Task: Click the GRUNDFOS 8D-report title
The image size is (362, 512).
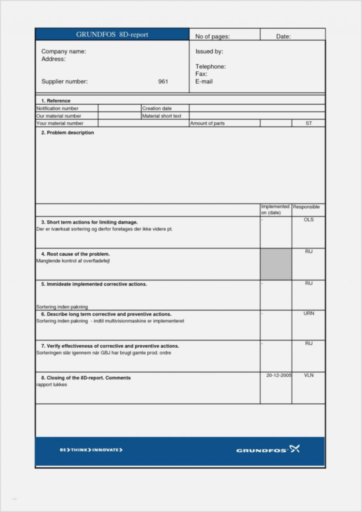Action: (112, 34)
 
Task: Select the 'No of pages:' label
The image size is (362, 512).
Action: (212, 36)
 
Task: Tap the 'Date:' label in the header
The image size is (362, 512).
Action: (283, 36)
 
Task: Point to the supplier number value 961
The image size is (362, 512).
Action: (163, 81)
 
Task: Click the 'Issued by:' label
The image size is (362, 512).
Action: (209, 51)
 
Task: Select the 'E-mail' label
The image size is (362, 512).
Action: (204, 81)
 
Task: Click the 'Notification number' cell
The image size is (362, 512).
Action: (57, 108)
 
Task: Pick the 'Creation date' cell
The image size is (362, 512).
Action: (157, 108)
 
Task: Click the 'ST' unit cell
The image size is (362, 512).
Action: (308, 123)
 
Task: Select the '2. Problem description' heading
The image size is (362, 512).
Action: (67, 133)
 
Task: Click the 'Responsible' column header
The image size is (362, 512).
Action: (306, 207)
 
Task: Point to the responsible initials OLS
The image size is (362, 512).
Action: (308, 220)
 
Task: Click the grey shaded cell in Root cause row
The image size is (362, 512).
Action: (275, 264)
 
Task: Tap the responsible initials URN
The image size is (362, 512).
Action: (308, 314)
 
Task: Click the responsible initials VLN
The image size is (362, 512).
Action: (308, 375)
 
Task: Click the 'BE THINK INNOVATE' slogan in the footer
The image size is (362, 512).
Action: (91, 450)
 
